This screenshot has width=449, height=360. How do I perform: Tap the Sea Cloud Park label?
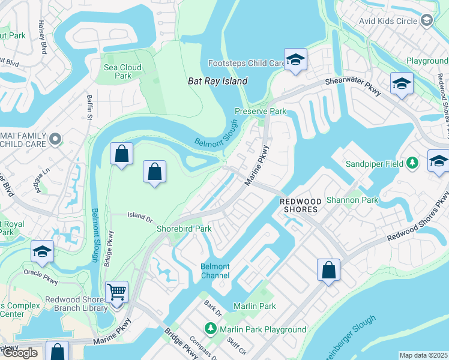coord(122,72)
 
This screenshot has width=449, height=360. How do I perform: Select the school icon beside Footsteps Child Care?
coord(295,60)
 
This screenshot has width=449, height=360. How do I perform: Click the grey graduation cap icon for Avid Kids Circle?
coord(427,20)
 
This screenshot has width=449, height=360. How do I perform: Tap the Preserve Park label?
coord(260,112)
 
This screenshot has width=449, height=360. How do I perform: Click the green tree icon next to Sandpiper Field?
coord(412,163)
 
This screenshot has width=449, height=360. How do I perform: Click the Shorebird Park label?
coord(184,229)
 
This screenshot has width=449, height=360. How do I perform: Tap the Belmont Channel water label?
coord(215,271)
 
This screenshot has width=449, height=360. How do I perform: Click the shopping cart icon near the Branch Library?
coord(116,292)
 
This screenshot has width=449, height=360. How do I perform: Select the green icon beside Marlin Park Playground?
coord(210,329)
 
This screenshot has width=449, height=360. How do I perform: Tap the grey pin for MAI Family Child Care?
coord(55,139)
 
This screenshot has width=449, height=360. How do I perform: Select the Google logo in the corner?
coord(19,353)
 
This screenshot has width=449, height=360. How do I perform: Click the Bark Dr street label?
coord(213,309)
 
